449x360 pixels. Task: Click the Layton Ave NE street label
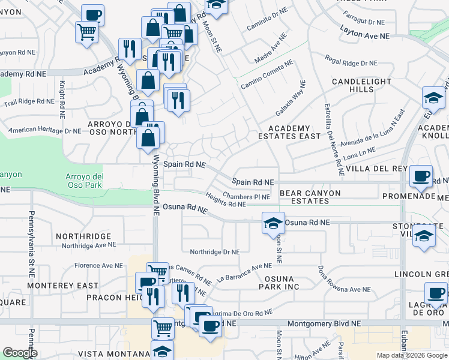(x=364, y=36)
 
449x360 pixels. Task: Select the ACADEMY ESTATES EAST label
(x=294, y=132)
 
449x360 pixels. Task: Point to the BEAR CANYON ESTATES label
(x=310, y=197)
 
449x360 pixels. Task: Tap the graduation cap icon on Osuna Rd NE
(x=273, y=223)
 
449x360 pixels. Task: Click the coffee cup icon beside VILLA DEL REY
(x=421, y=176)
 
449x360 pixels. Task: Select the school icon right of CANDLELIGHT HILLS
(x=433, y=98)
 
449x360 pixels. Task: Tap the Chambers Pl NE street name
(x=247, y=196)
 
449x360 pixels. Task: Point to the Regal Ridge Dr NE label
(x=351, y=62)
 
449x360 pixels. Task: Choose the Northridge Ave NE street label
(x=88, y=245)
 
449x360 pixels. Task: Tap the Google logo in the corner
(x=20, y=353)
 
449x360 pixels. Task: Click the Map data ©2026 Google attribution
(x=411, y=355)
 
